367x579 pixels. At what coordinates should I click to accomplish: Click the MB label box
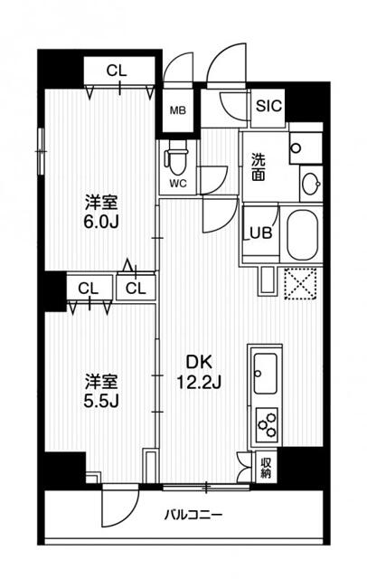(x=178, y=113)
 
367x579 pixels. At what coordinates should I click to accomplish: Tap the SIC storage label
(x=269, y=106)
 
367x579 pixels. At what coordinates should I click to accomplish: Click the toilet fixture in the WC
(x=176, y=160)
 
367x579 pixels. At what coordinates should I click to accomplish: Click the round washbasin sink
(x=310, y=184)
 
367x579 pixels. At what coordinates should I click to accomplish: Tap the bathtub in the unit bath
(x=302, y=234)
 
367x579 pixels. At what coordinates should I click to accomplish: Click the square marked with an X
(x=299, y=284)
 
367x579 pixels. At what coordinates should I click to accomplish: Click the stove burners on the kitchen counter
(x=268, y=422)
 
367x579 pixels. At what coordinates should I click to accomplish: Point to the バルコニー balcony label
(x=194, y=517)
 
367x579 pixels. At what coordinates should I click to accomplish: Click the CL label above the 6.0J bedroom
(x=116, y=71)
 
